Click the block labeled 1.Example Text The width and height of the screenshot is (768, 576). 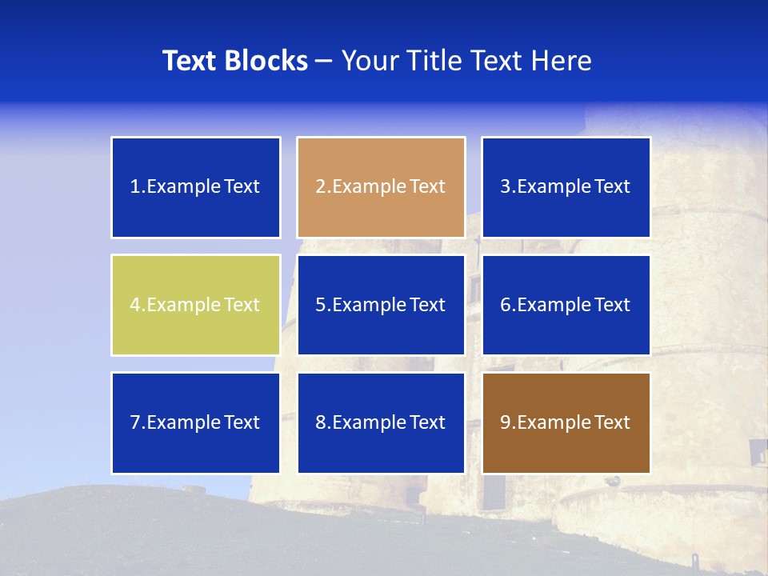(195, 187)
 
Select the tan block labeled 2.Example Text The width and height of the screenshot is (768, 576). (381, 187)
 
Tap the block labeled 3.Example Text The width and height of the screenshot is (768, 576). (566, 187)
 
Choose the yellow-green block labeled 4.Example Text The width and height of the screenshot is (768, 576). (195, 305)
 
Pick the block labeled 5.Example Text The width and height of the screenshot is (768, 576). (381, 305)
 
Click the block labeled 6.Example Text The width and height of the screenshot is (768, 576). (566, 305)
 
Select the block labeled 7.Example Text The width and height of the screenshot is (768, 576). (195, 422)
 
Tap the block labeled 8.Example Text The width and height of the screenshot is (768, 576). (381, 422)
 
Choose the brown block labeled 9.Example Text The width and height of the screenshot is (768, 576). (566, 422)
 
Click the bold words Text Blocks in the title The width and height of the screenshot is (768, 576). (234, 61)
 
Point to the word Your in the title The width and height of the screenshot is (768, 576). (369, 61)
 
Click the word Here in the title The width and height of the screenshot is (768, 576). (563, 61)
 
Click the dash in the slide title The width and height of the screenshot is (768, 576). (324, 61)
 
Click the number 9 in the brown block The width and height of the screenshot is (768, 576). (506, 422)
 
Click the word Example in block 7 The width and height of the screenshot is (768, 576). (183, 422)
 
